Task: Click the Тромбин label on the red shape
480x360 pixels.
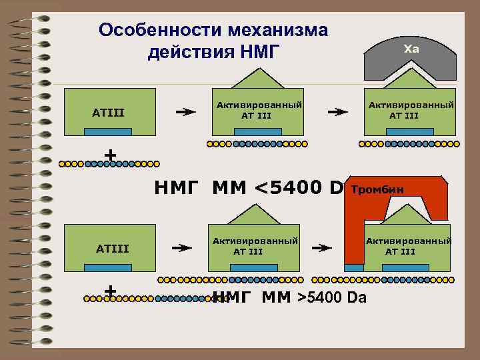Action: [x=377, y=190]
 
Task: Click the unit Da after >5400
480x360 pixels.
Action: [x=357, y=297]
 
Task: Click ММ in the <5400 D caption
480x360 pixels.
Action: [x=230, y=189]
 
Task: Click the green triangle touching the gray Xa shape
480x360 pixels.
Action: [x=410, y=75]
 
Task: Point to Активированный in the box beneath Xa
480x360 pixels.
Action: [x=411, y=105]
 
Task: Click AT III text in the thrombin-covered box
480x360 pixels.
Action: [x=400, y=251]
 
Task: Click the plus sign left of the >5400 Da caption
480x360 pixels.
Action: [x=111, y=291]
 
